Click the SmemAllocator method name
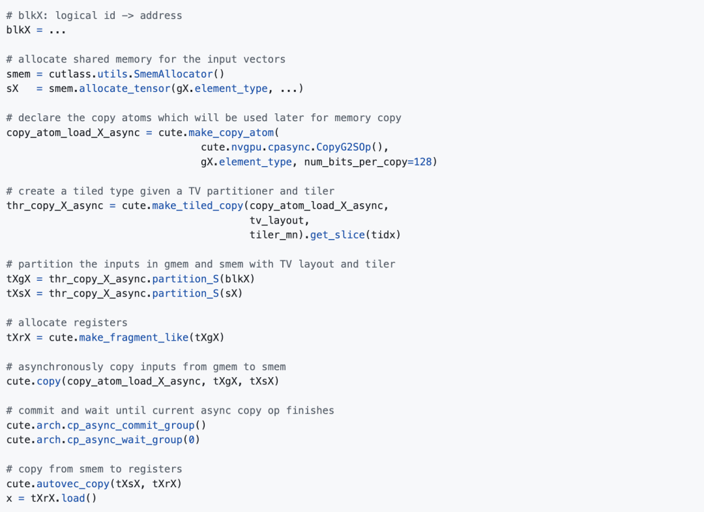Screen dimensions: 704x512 (x=173, y=74)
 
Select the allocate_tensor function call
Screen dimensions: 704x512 (x=125, y=89)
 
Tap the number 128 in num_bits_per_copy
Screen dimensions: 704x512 (x=422, y=162)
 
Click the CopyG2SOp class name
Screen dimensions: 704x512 (x=344, y=147)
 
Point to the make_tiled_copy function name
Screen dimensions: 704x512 (x=198, y=206)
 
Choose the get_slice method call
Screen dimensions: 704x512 (x=337, y=235)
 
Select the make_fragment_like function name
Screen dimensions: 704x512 (x=134, y=337)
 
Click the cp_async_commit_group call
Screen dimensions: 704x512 (x=130, y=425)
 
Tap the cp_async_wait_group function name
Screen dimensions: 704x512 (x=125, y=440)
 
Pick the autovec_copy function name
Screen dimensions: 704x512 (x=73, y=484)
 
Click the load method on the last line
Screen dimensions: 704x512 (x=73, y=498)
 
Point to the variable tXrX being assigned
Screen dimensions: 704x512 (x=18, y=337)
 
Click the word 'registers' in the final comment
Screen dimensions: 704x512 (x=155, y=470)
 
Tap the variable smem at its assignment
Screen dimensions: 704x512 (x=18, y=74)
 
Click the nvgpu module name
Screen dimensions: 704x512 (x=246, y=147)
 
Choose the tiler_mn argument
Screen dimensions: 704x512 (x=273, y=235)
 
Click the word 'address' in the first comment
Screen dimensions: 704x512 (x=161, y=16)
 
